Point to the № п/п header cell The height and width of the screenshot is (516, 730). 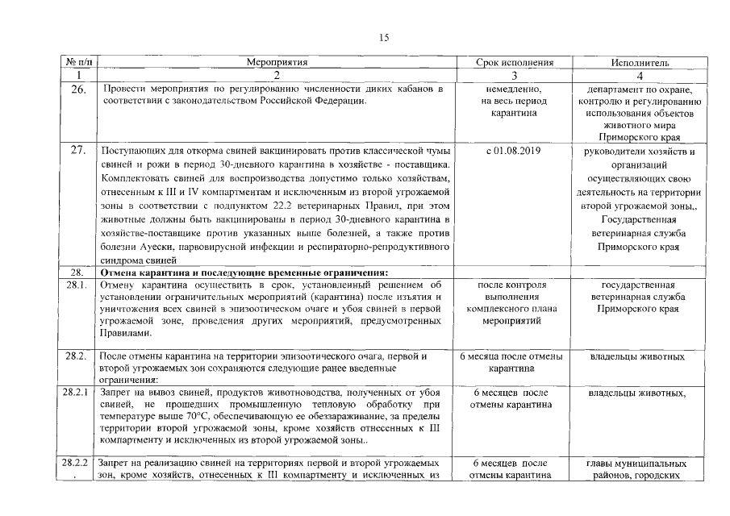click(77, 62)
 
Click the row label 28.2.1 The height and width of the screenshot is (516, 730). click(77, 393)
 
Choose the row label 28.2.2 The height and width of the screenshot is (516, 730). click(77, 464)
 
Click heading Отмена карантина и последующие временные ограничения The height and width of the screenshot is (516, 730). click(244, 272)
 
